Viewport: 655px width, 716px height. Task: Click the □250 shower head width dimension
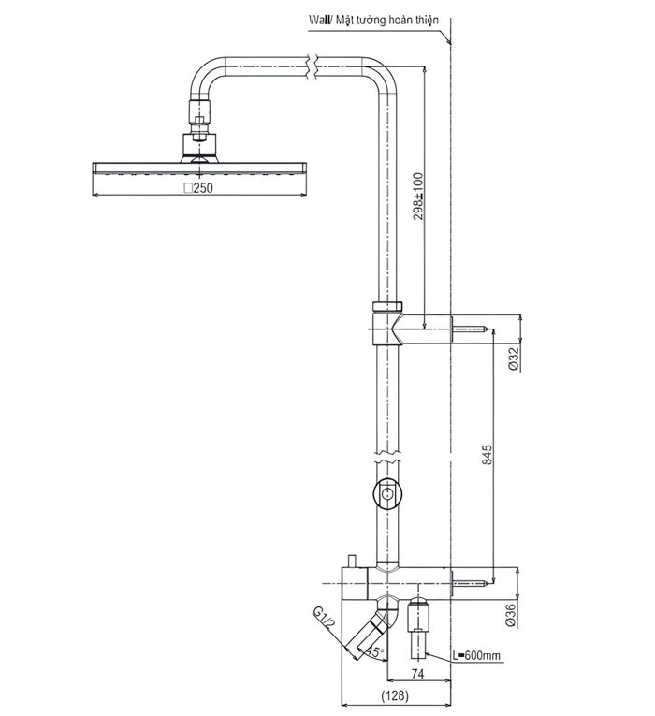click(x=198, y=188)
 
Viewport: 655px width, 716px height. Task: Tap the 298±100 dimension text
click(x=418, y=196)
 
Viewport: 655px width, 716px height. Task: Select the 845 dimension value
click(x=487, y=454)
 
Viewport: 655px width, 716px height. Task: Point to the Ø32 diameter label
click(x=515, y=358)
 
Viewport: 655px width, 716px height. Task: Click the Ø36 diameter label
click(x=511, y=615)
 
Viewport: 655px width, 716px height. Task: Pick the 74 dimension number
click(x=418, y=674)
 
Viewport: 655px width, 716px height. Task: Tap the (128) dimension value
click(x=395, y=695)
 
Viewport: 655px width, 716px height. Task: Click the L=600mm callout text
click(x=476, y=656)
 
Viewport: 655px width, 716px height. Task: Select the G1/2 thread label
click(x=324, y=618)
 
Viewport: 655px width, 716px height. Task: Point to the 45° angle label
click(x=375, y=651)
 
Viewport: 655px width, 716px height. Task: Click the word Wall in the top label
click(x=318, y=20)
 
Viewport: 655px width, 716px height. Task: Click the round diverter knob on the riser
click(x=387, y=493)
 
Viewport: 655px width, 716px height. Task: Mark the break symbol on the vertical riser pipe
click(x=387, y=456)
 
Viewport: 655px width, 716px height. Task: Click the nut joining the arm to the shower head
click(x=199, y=109)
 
